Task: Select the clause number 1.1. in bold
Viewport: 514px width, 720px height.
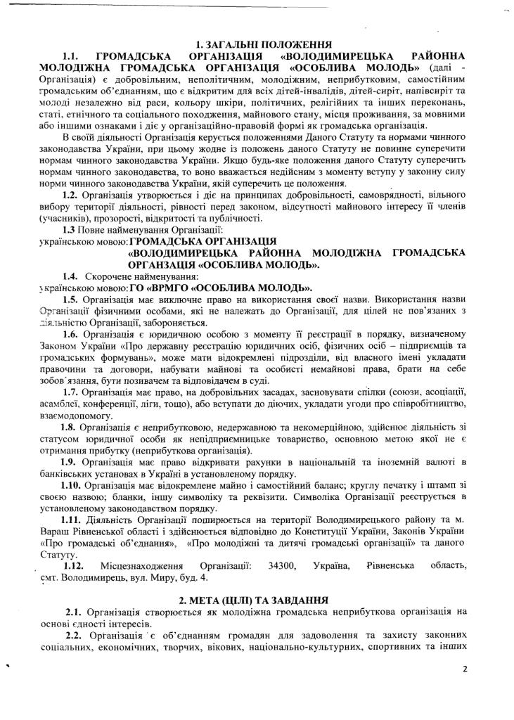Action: [74, 55]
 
